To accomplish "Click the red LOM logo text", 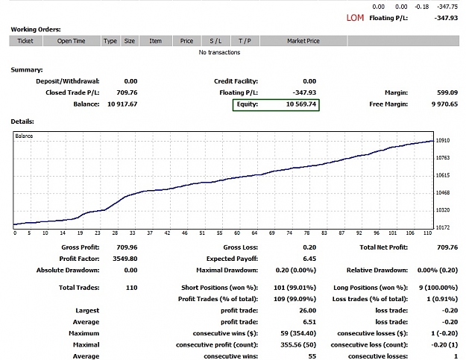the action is [355, 18].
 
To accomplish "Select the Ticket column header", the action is [25, 41].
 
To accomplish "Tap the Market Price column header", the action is [303, 41].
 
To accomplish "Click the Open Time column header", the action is [72, 41].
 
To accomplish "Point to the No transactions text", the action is [219, 52].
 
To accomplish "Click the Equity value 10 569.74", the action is [301, 104].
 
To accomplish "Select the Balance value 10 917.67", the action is [122, 104].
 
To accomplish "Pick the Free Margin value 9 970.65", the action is [444, 104].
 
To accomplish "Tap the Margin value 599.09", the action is [447, 92].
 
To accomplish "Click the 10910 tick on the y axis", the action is [443, 140].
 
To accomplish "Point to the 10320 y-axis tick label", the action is [443, 210].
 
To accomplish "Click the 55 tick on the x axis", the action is [220, 233].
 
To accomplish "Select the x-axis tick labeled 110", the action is [428, 233].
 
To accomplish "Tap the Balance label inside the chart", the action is [24, 136].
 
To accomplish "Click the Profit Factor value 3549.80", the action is [125, 259].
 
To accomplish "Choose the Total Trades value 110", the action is [132, 288].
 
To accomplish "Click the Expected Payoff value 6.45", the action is [309, 259].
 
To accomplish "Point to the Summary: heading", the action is [27, 70].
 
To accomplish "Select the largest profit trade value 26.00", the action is [308, 310].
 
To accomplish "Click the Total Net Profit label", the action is [384, 247].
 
